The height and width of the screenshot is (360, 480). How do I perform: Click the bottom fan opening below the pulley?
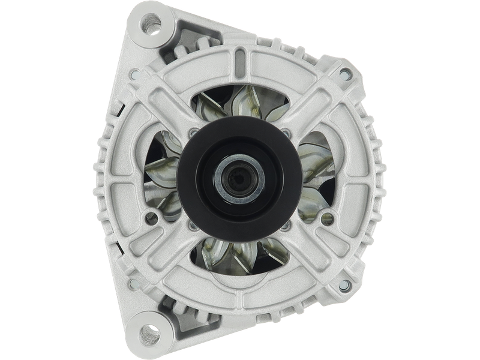pyautogui.click(x=239, y=255)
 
